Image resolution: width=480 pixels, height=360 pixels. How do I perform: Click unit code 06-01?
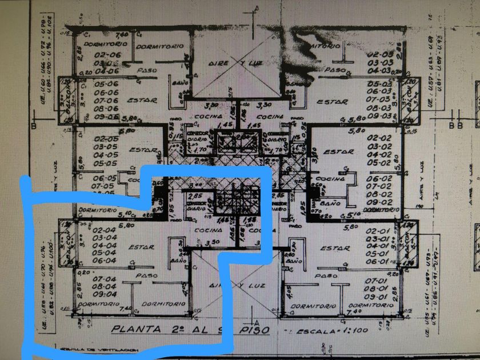click(379, 261)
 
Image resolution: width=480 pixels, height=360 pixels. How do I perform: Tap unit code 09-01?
click(379, 297)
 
